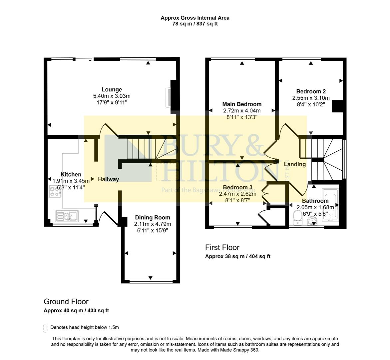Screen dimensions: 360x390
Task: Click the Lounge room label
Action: tap(112, 89)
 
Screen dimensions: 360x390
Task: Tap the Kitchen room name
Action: tap(71, 174)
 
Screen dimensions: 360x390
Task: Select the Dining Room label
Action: tap(153, 217)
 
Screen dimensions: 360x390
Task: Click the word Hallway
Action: tap(108, 179)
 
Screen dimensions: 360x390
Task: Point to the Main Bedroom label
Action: tap(242, 104)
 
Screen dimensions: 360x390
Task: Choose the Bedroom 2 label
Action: tap(311, 91)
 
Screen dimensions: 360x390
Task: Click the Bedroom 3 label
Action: tap(237, 187)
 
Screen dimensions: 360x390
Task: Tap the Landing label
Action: tap(294, 164)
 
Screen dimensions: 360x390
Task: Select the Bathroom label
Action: tap(315, 201)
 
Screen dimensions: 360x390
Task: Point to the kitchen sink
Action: tap(67, 217)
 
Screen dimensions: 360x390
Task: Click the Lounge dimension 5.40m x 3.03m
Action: tap(112, 96)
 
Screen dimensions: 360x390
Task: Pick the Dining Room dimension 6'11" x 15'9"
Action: tap(153, 230)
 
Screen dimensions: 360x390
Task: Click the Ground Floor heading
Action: tap(66, 301)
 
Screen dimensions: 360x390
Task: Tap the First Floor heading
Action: tap(222, 247)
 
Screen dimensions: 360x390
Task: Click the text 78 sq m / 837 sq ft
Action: tap(195, 24)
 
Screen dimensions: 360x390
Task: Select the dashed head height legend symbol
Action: tap(45, 328)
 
